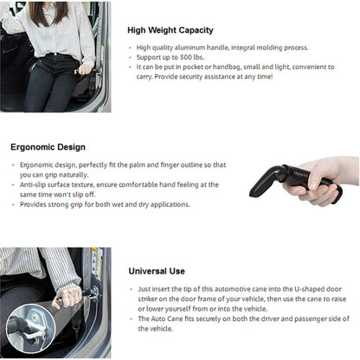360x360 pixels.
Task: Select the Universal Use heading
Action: point(160,270)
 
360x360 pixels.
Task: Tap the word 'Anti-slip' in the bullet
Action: point(34,185)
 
